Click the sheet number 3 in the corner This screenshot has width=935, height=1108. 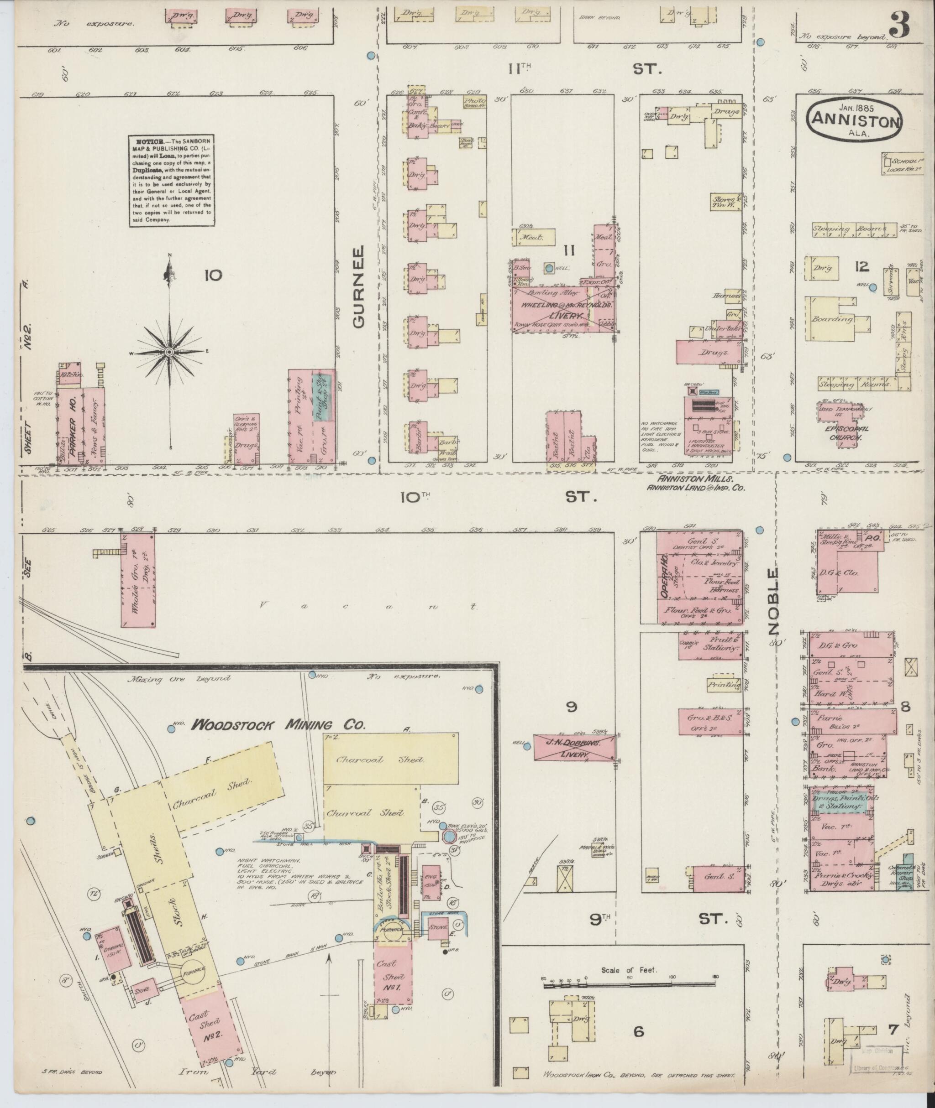coord(899,25)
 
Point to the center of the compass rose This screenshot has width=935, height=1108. coord(170,352)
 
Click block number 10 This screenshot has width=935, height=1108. coord(214,275)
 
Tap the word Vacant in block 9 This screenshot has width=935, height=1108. coord(371,606)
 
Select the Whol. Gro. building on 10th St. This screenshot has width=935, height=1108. coord(138,580)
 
